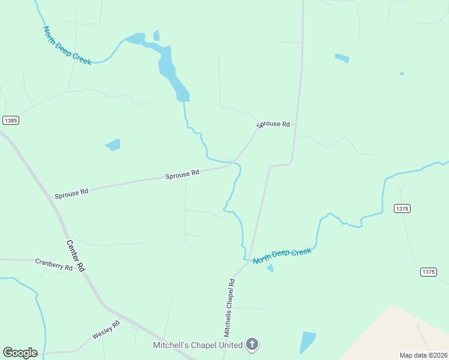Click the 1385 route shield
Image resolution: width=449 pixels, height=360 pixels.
pos(11,120)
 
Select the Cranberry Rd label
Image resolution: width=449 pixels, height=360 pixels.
pos(53,264)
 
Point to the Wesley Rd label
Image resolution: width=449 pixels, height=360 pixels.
pos(106,330)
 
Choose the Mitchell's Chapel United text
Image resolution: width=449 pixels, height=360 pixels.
pos(197,345)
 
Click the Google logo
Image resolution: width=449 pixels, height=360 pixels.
pos(20,353)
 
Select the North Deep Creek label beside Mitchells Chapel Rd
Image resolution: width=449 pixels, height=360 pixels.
pos(282,256)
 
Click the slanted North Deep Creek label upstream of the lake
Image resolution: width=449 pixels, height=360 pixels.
pos(67,46)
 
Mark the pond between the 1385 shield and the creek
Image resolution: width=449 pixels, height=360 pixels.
pos(113,145)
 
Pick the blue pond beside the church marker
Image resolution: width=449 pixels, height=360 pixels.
pos(307,342)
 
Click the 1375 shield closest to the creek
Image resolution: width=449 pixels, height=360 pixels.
pos(402,208)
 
